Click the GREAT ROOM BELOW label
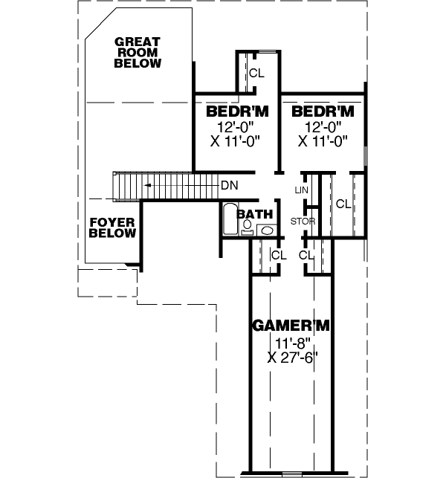click(138, 53)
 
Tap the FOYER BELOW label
click(113, 227)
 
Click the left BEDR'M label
click(236, 112)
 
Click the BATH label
click(255, 214)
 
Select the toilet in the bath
click(247, 228)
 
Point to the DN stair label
click(229, 184)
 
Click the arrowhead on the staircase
click(148, 184)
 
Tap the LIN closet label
click(301, 190)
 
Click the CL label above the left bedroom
click(256, 73)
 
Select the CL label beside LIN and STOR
click(343, 203)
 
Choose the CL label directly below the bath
click(278, 255)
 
